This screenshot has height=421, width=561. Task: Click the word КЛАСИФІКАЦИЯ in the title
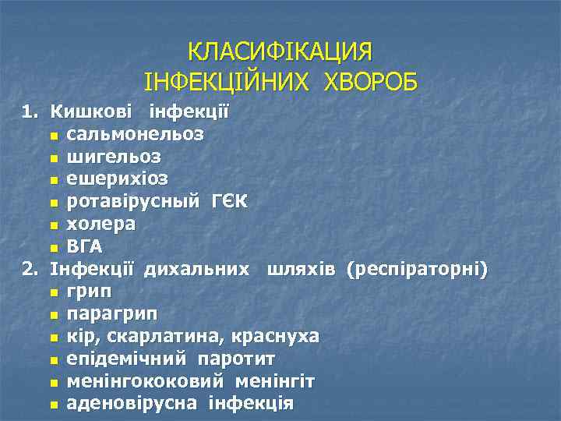point(280,52)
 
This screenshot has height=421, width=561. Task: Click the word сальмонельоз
point(136,134)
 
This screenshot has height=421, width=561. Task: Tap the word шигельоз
point(114,157)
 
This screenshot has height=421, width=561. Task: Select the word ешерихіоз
point(117,179)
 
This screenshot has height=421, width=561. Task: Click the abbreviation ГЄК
point(229,202)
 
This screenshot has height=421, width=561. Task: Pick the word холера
point(101,225)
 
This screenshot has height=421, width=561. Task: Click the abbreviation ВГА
point(85,247)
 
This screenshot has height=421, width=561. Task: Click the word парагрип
point(111,314)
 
